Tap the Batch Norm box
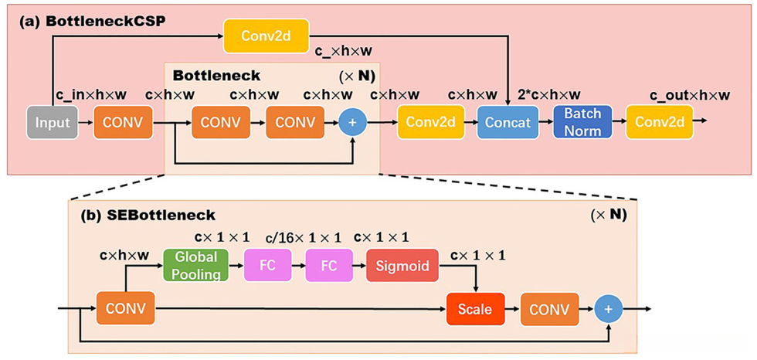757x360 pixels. (582, 122)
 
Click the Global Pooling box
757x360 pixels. (195, 265)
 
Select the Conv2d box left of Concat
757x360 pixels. (425, 122)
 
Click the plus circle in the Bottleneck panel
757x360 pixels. (353, 122)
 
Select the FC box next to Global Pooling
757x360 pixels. (267, 265)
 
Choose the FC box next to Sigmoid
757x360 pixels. (328, 265)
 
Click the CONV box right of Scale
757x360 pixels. (549, 309)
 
